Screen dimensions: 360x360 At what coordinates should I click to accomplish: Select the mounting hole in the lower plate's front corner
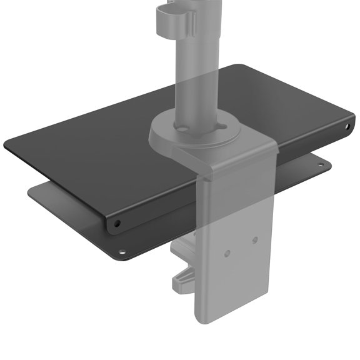(121, 252)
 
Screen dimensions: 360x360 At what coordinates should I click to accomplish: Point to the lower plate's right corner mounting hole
(321, 165)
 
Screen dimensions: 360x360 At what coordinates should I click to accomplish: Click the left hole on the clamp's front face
(227, 252)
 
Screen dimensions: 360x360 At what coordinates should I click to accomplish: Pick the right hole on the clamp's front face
(254, 239)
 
